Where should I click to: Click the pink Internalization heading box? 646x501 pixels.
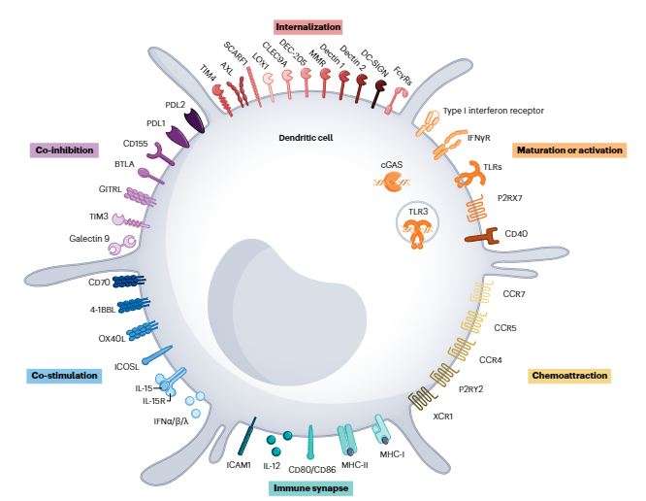pyautogui.click(x=307, y=26)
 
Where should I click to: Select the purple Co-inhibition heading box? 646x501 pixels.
pyautogui.click(x=63, y=150)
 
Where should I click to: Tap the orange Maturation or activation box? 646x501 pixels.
pyautogui.click(x=570, y=150)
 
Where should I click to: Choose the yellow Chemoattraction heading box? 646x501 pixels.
pyautogui.click(x=569, y=375)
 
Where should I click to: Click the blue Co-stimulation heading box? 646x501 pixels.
pyautogui.click(x=63, y=376)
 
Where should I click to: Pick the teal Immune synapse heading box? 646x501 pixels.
pyautogui.click(x=309, y=488)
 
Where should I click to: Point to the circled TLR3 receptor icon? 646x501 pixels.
pyautogui.click(x=418, y=224)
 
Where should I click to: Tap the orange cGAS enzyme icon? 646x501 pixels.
pyautogui.click(x=392, y=182)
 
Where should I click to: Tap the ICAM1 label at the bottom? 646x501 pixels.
pyautogui.click(x=239, y=465)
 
